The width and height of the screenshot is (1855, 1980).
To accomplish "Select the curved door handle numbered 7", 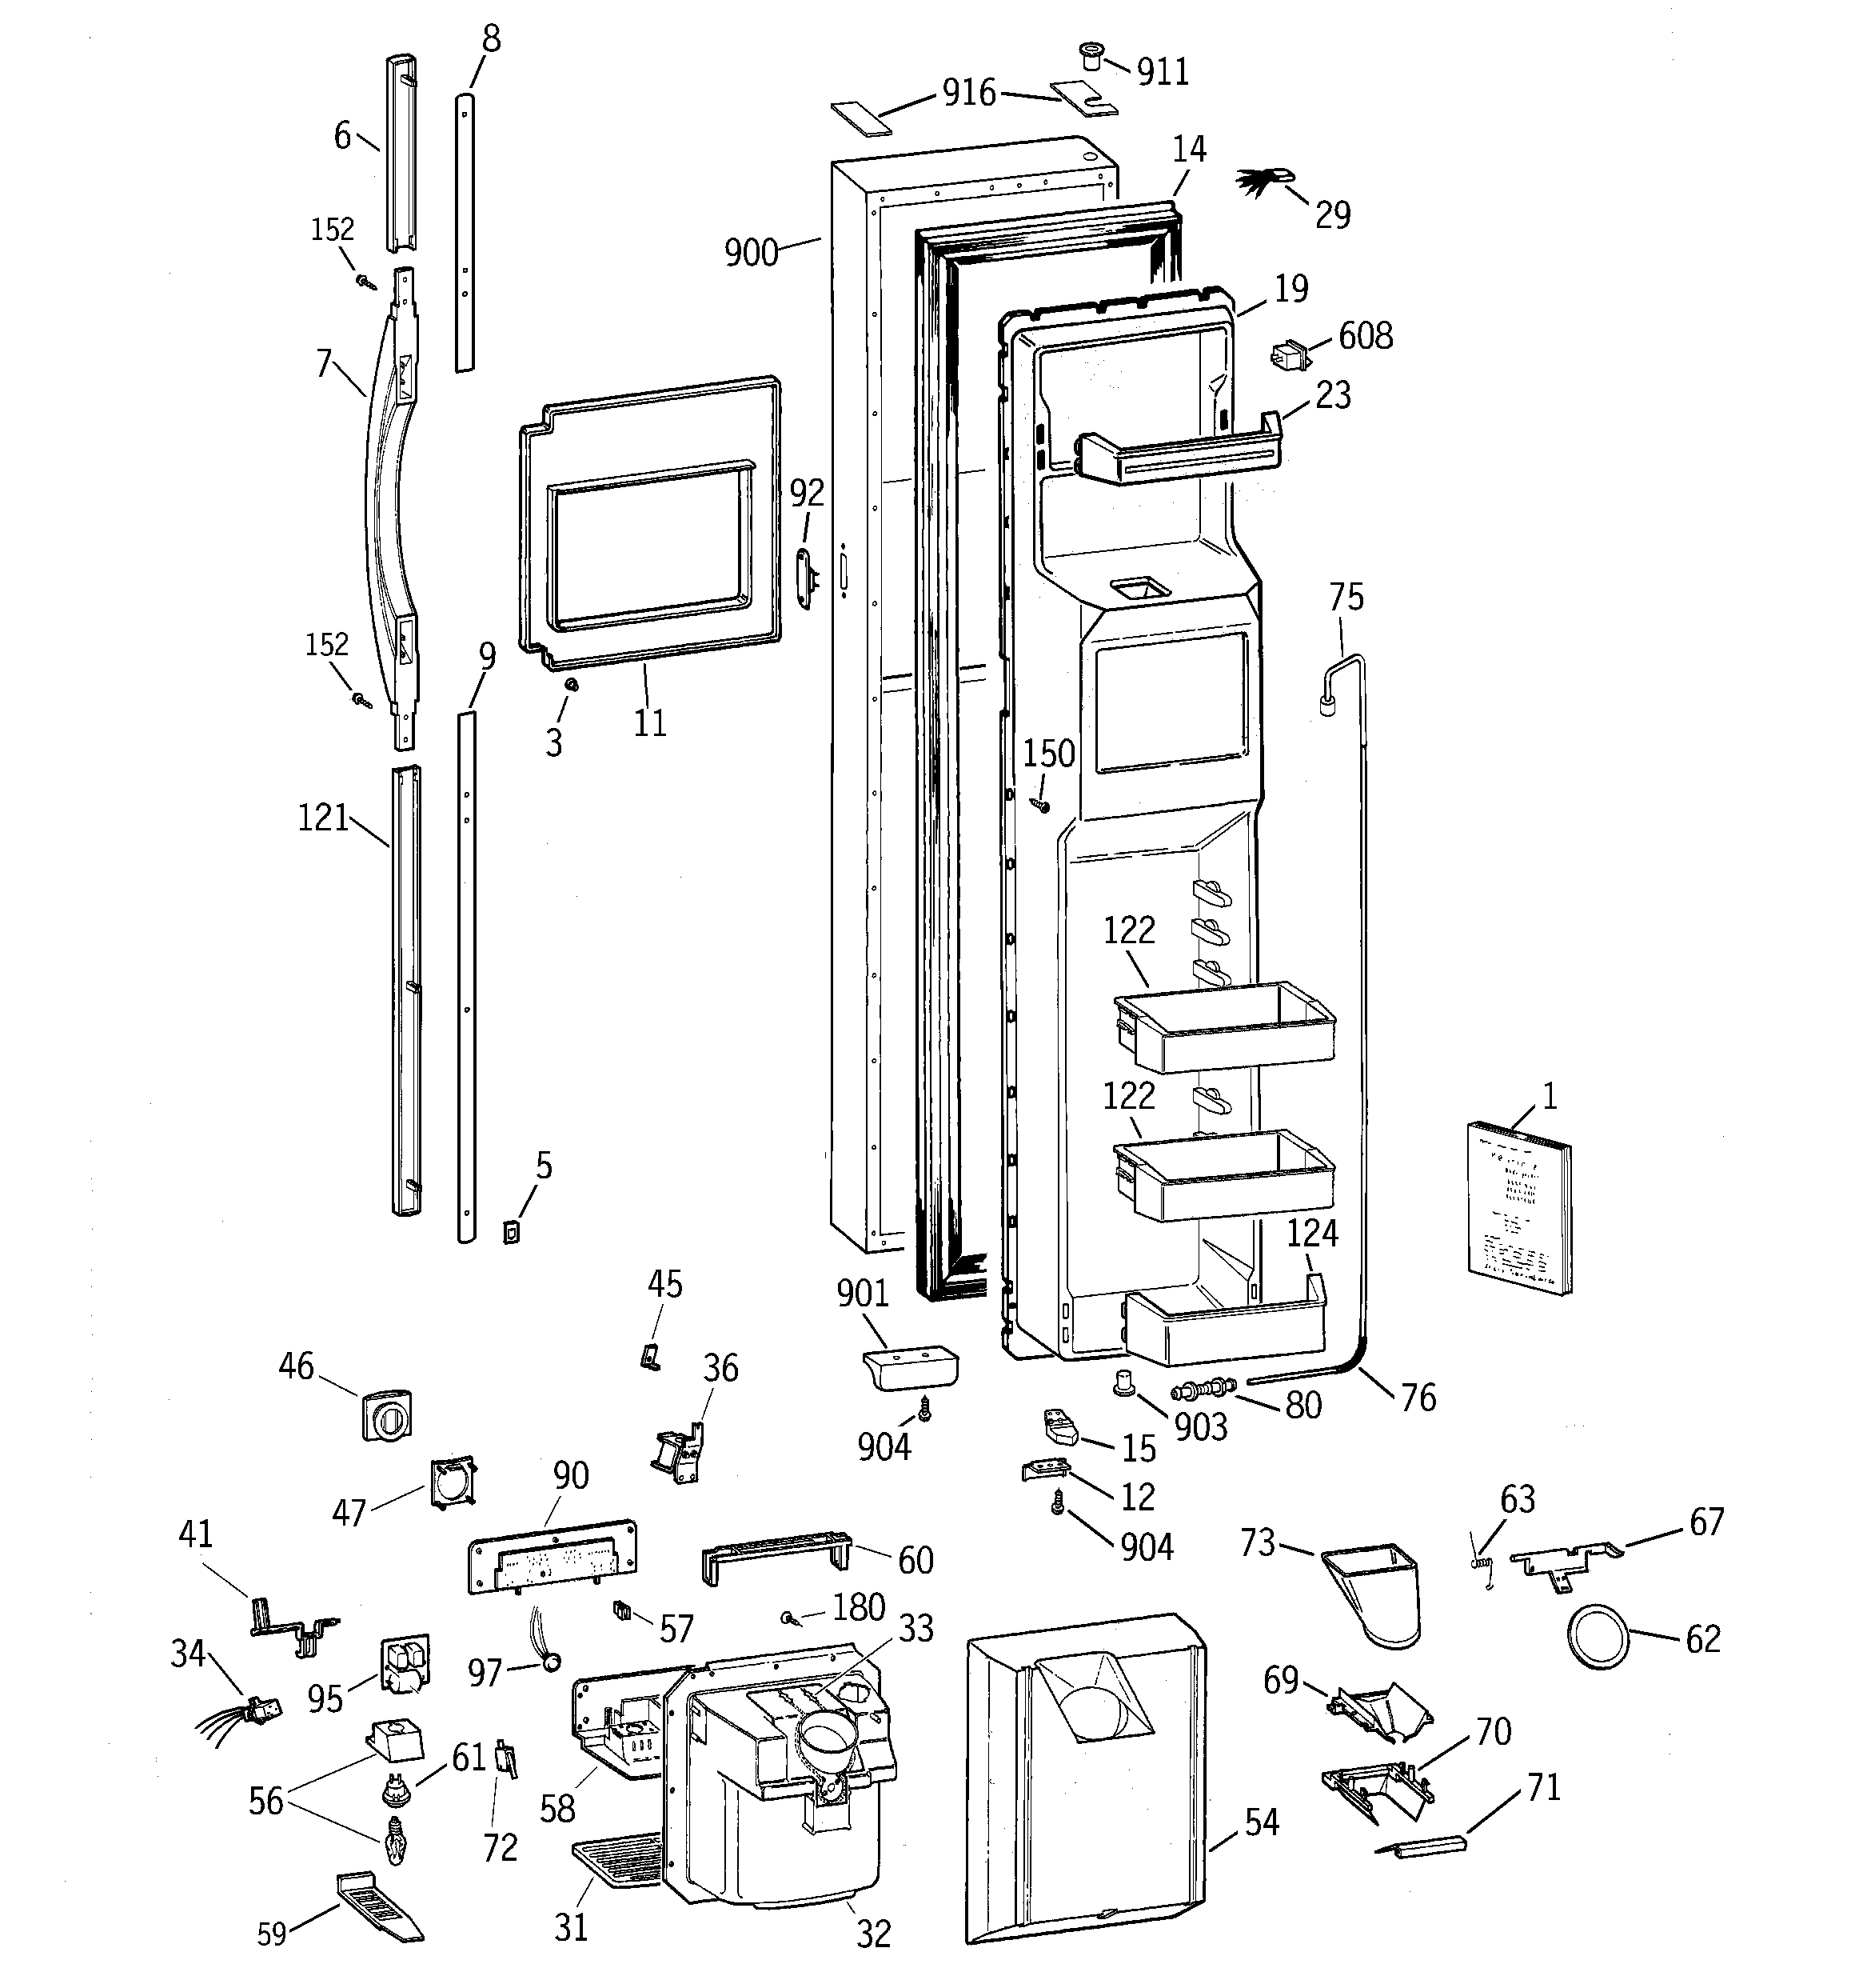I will (383, 498).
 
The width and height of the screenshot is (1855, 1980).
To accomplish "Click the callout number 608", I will (1365, 336).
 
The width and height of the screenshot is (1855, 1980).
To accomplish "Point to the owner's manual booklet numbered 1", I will (1518, 1207).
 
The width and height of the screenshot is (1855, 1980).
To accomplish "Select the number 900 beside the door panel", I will (751, 252).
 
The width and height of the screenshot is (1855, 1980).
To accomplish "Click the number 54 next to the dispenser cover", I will (1261, 1822).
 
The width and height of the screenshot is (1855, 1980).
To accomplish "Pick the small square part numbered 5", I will (511, 1232).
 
